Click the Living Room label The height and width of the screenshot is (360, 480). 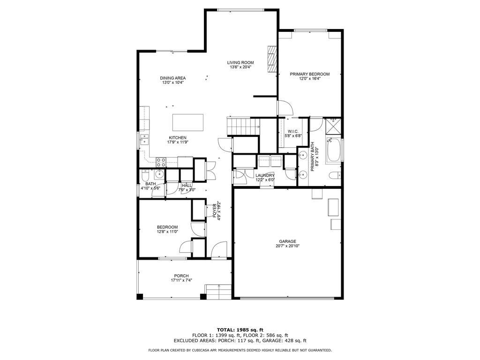[x=240, y=62]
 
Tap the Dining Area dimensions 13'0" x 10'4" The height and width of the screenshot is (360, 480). [x=173, y=82]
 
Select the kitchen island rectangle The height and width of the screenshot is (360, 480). [x=188, y=122]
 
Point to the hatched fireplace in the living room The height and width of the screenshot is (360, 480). [x=272, y=59]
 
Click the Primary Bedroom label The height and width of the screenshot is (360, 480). [x=309, y=74]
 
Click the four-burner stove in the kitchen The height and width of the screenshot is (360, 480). [x=161, y=162]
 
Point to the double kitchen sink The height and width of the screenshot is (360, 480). [x=144, y=139]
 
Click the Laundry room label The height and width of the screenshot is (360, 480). [x=265, y=175]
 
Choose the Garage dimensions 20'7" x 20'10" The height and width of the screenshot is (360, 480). [x=287, y=246]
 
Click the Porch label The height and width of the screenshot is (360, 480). [x=181, y=276]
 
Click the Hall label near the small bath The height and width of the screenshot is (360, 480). [x=186, y=185]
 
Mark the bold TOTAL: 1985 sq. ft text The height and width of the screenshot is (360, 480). [x=240, y=330]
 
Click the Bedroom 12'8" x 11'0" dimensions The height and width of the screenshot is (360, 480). [x=167, y=232]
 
